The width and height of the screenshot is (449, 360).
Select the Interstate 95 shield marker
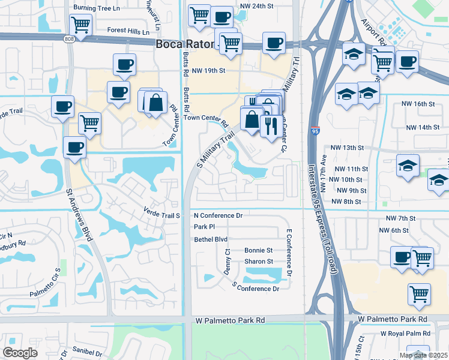pyautogui.click(x=316, y=129)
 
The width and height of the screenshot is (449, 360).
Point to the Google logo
pyautogui.click(x=20, y=353)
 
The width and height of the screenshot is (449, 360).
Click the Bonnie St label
pyautogui.click(x=258, y=250)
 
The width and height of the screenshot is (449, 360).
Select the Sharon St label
pyautogui.click(x=259, y=262)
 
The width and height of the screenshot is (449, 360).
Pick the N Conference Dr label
pyautogui.click(x=217, y=215)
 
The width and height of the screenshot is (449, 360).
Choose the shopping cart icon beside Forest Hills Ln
pyautogui.click(x=80, y=25)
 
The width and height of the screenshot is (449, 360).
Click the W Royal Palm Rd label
pyautogui.click(x=406, y=334)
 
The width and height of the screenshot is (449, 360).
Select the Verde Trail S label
pyautogui.click(x=162, y=211)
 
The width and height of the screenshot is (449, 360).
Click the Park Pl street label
pyautogui.click(x=204, y=227)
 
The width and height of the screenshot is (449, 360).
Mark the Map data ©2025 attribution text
pyautogui.click(x=423, y=355)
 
